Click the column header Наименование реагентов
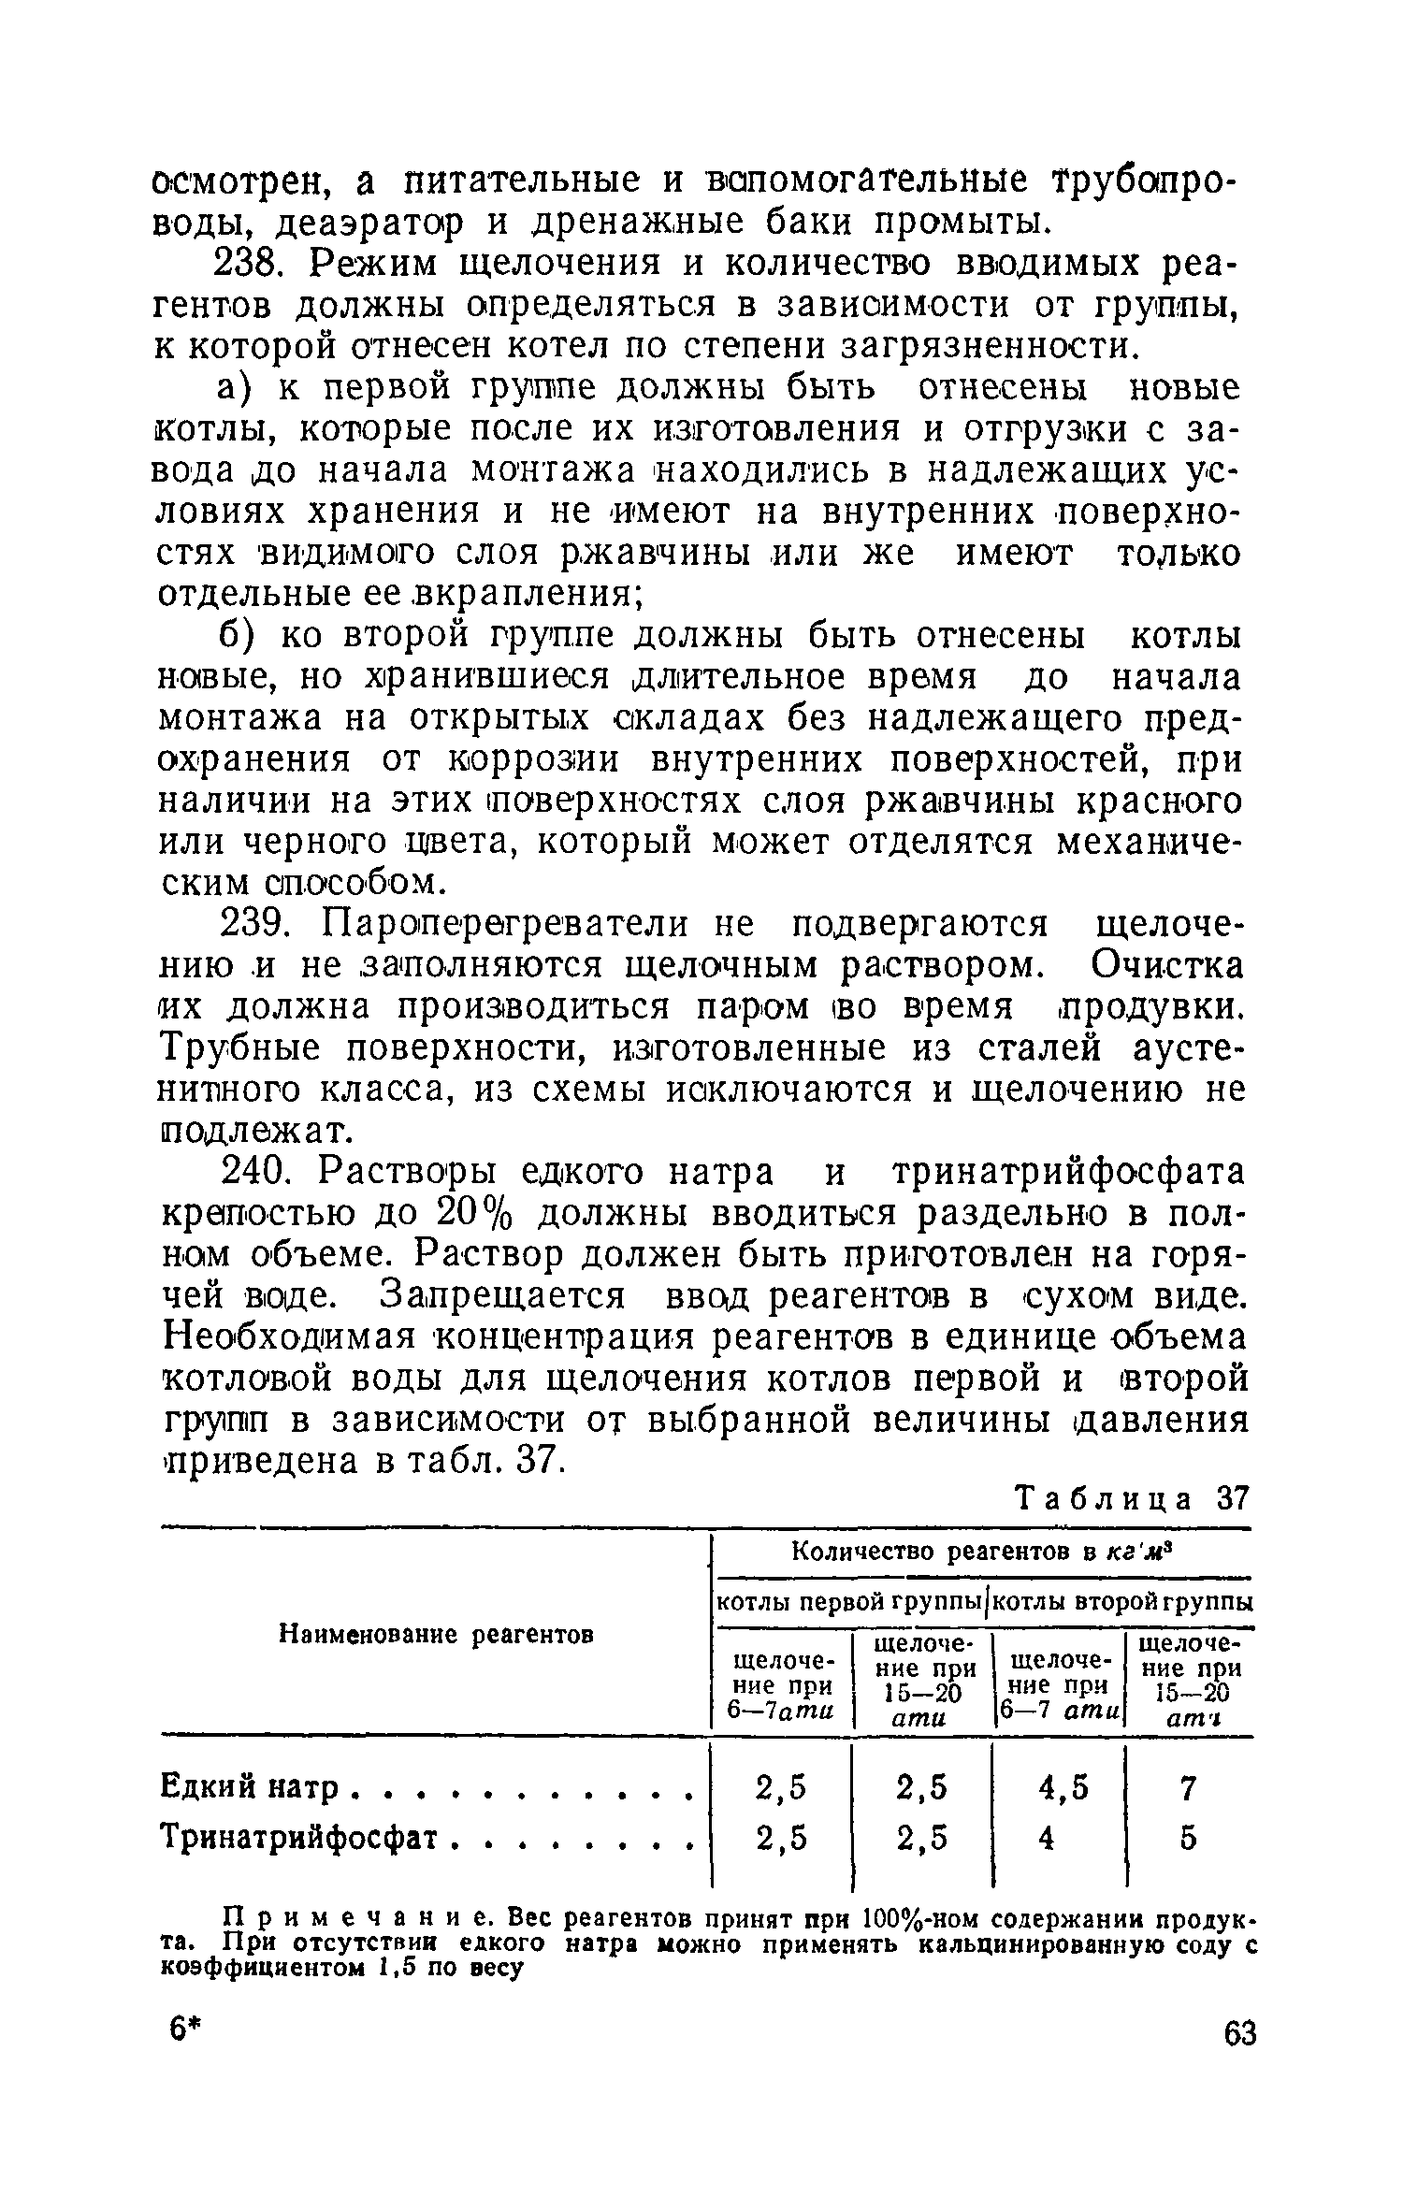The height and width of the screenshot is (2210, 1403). point(438,1634)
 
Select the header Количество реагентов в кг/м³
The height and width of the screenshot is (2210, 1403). point(982,1553)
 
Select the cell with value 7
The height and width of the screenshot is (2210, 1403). point(1188,1789)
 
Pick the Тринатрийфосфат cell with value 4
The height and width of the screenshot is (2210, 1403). point(1047,1839)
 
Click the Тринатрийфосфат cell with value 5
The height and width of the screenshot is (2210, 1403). point(1188,1839)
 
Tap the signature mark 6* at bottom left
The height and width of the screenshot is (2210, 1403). point(186,2031)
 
